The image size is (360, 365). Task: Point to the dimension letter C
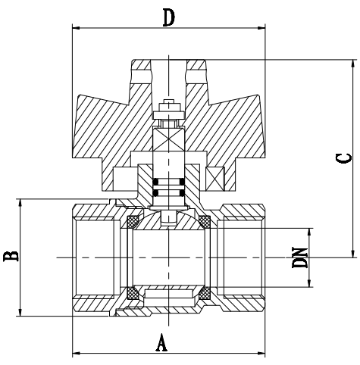[343, 158]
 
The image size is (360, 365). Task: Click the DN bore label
[301, 257]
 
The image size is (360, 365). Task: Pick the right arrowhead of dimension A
[264, 353]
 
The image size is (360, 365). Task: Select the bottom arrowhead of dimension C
[352, 254]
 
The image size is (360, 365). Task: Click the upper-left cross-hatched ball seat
[132, 222]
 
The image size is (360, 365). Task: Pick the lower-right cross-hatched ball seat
[204, 292]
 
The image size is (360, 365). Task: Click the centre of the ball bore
[168, 257]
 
